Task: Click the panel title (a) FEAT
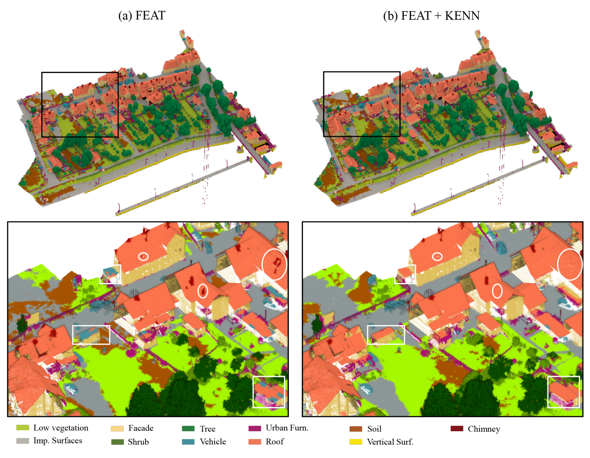(142, 15)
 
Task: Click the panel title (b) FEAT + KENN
(431, 15)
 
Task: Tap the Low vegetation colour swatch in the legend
(22, 427)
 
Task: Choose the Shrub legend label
(138, 442)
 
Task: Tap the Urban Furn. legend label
(287, 428)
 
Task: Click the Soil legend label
(374, 429)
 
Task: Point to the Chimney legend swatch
(457, 428)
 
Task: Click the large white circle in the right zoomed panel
(570, 264)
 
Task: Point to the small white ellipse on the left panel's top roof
(143, 256)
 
